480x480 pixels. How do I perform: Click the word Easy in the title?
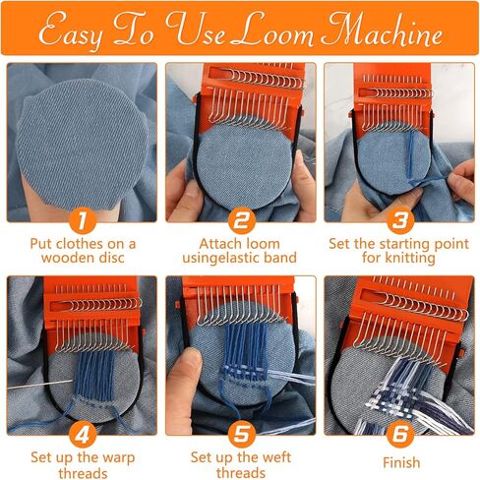click(x=70, y=31)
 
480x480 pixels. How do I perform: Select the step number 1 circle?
click(x=83, y=220)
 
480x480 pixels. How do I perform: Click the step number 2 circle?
click(x=242, y=220)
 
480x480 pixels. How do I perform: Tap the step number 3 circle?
click(x=400, y=220)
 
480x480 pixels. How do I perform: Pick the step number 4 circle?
click(x=83, y=435)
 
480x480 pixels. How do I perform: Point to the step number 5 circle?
click(x=242, y=435)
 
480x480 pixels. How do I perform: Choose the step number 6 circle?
click(x=400, y=435)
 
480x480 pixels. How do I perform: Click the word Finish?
click(x=401, y=462)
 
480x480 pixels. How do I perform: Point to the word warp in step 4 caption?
click(x=119, y=458)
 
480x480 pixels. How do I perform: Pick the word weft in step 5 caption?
click(x=275, y=457)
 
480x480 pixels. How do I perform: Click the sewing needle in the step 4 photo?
click(x=40, y=385)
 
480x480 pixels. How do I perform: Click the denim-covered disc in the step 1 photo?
click(x=82, y=145)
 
